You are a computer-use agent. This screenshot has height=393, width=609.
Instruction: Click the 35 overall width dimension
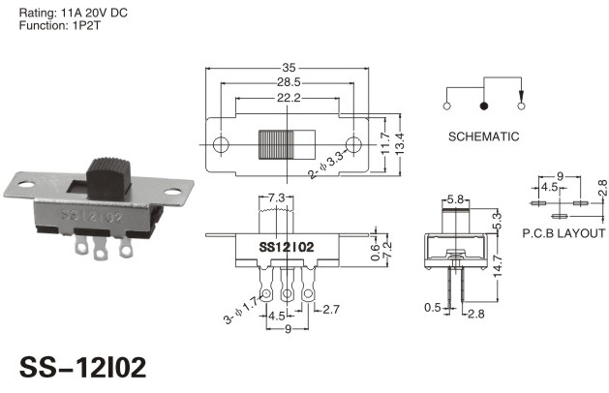coord(289,68)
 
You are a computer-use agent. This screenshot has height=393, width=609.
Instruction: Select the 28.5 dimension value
coord(289,82)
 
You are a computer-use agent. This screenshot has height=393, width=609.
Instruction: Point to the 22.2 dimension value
coord(289,98)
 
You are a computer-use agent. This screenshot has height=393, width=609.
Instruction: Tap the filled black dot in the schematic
coord(483,106)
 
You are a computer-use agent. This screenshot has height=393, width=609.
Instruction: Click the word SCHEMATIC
coord(483,136)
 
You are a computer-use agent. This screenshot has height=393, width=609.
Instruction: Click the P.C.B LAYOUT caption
coord(563,233)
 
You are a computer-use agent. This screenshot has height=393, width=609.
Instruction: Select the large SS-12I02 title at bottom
coord(82,368)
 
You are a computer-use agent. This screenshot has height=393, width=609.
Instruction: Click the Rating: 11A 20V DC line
coord(73,13)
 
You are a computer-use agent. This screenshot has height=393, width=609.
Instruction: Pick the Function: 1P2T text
coord(59,26)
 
